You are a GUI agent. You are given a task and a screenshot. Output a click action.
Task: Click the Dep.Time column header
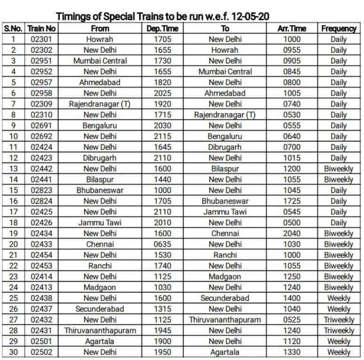162,28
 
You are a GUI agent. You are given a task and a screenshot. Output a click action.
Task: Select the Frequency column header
339,28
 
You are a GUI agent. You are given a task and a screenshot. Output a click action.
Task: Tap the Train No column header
41,28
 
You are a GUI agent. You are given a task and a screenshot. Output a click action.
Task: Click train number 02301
41,39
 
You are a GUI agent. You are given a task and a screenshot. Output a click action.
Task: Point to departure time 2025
162,93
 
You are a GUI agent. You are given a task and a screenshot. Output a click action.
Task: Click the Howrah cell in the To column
225,50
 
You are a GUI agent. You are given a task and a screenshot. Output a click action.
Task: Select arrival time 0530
292,115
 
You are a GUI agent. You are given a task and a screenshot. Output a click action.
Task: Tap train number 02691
41,126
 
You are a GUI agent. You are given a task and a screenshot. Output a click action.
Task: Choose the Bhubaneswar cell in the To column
225,201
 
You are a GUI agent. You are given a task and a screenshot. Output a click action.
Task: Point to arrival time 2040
292,233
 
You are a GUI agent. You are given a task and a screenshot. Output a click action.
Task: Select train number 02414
41,277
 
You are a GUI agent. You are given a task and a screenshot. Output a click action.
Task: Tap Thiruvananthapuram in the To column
225,320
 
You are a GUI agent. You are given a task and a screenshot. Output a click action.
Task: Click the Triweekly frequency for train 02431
339,330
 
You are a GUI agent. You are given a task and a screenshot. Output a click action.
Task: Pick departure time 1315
162,309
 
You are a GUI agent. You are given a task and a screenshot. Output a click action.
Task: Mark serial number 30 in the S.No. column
14,352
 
